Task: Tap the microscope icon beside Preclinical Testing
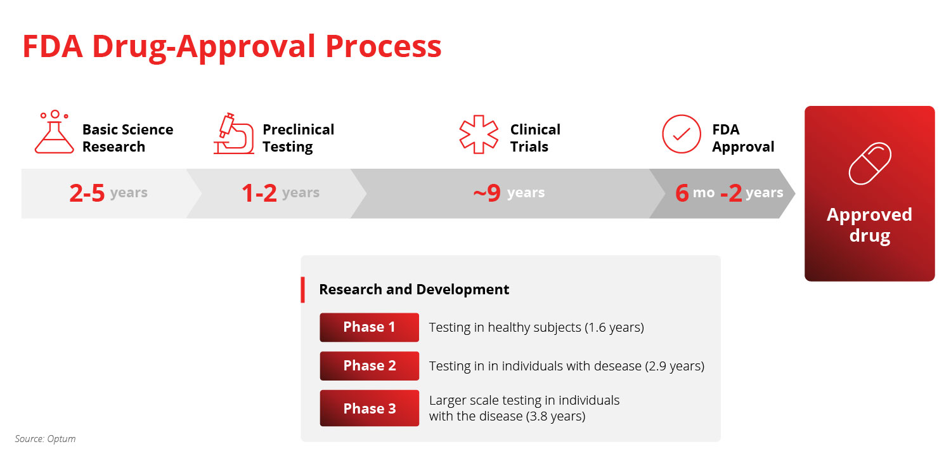pos(234,136)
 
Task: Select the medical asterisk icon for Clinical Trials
pos(479,134)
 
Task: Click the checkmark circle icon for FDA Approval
pos(682,134)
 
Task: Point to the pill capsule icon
pos(870,164)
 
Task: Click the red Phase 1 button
pos(370,327)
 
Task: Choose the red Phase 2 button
pos(370,366)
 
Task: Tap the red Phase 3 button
pos(370,408)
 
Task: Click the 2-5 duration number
pos(87,193)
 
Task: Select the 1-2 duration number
pos(259,193)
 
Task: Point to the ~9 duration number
pos(487,193)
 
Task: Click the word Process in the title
pos(384,46)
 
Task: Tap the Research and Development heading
pos(414,289)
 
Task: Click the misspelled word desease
pos(618,366)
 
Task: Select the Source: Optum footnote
pos(46,439)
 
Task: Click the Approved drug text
pos(869,225)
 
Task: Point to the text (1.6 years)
pos(614,327)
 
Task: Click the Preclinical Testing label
pos(299,138)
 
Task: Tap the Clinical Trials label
pos(535,138)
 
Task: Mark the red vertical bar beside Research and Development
pos(302,290)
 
